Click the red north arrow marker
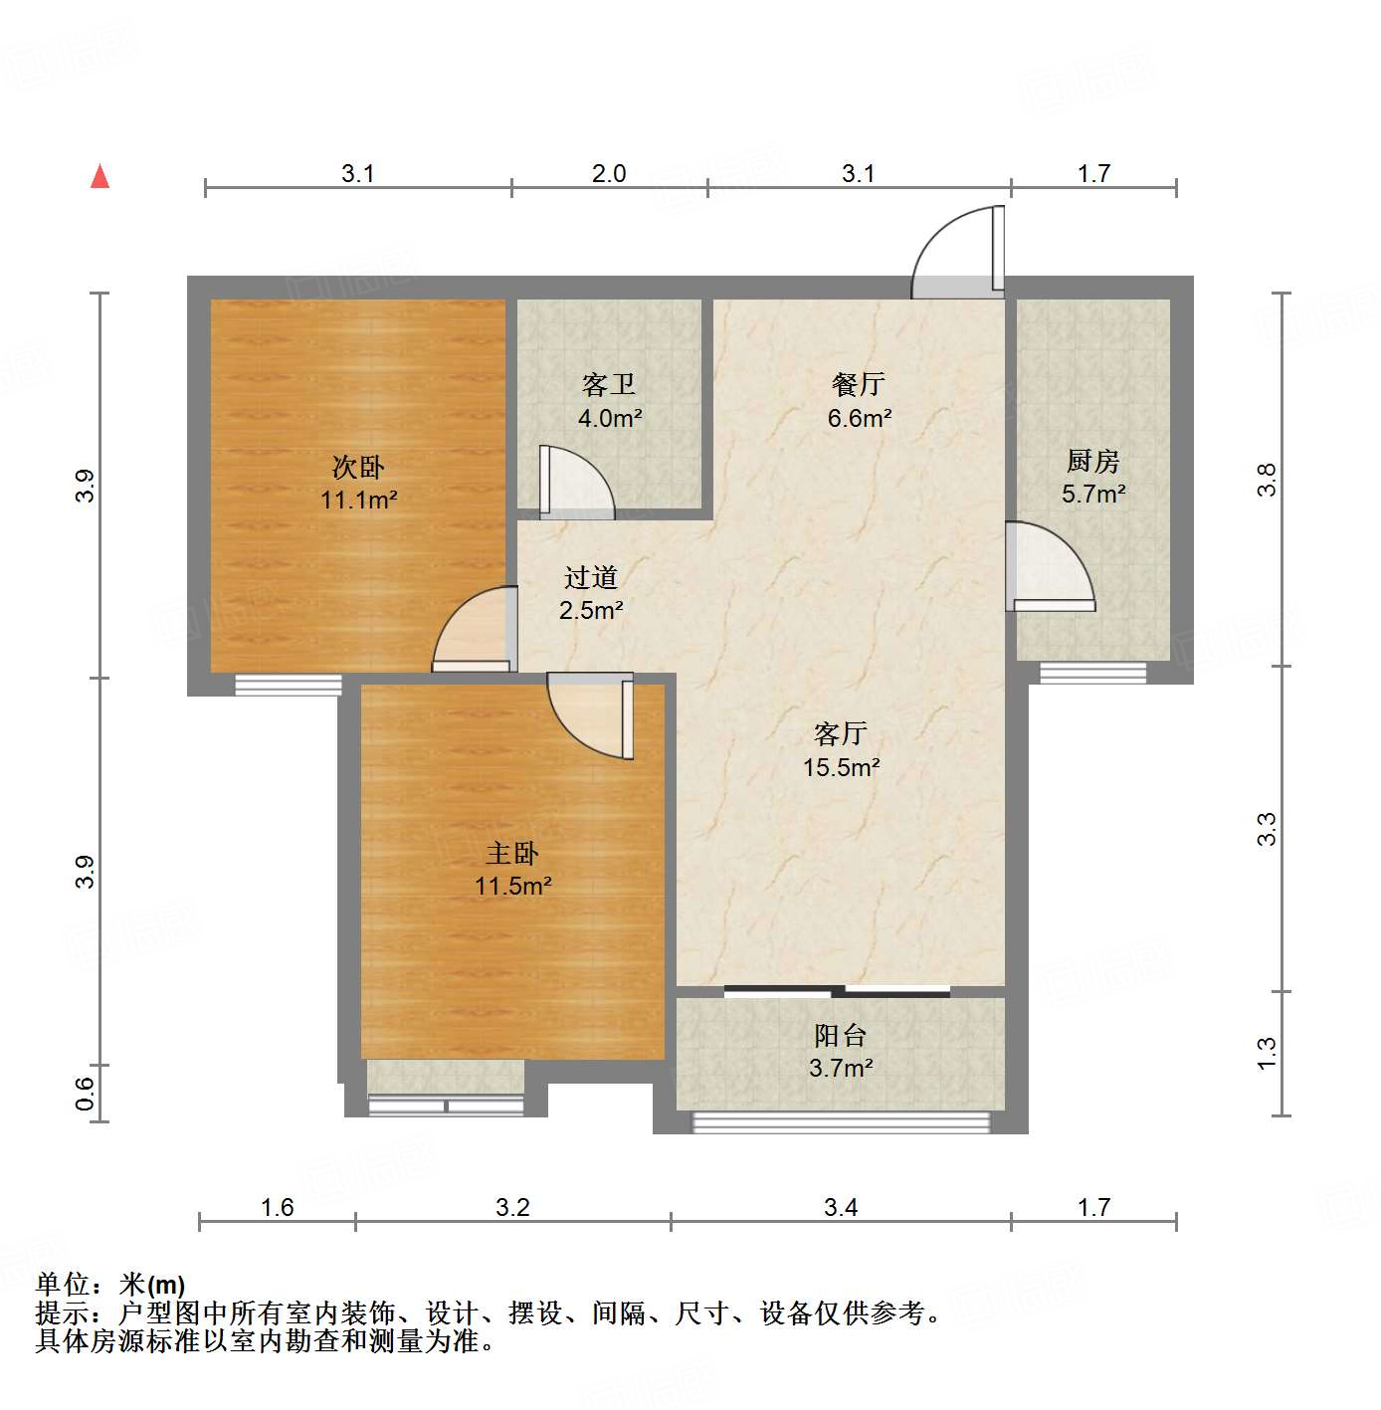tap(99, 176)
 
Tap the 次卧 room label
tap(357, 467)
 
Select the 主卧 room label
tap(512, 853)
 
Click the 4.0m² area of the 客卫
tap(609, 419)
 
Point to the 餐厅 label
tap(858, 384)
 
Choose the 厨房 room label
tap(1092, 461)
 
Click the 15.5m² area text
tap(841, 767)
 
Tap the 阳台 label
tap(840, 1036)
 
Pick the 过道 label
tap(591, 577)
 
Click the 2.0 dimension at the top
tap(609, 174)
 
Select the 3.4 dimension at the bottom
tap(841, 1208)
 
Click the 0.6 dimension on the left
tap(86, 1093)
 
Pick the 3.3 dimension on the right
tap(1267, 828)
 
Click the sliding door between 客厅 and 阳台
tap(837, 991)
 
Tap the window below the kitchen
tap(1092, 674)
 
